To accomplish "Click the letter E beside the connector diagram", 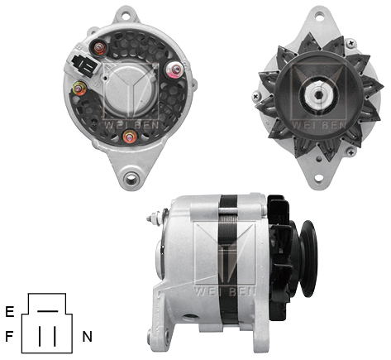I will coord(9,312).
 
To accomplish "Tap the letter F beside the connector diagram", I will coord(9,337).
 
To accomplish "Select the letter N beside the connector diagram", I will coord(87,337).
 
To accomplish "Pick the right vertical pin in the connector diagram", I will coord(55,335).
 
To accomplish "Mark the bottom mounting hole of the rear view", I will coord(130,177).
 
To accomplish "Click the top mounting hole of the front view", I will coord(315,15).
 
